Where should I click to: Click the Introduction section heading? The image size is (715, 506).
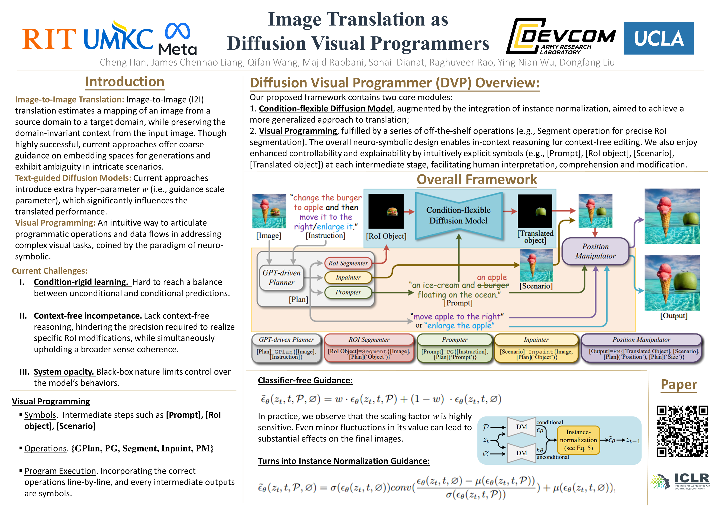point(125,82)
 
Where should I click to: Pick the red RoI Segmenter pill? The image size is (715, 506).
point(348,263)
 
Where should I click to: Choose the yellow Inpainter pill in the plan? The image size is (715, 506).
point(348,277)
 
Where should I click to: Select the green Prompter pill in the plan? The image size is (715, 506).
point(348,292)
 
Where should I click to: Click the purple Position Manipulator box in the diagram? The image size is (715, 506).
point(595,251)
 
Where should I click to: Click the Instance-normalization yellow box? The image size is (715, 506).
point(578,440)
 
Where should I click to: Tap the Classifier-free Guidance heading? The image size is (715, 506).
point(305,380)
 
